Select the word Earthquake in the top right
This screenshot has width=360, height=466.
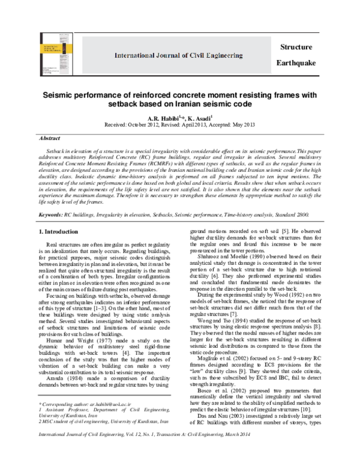(298, 63)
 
